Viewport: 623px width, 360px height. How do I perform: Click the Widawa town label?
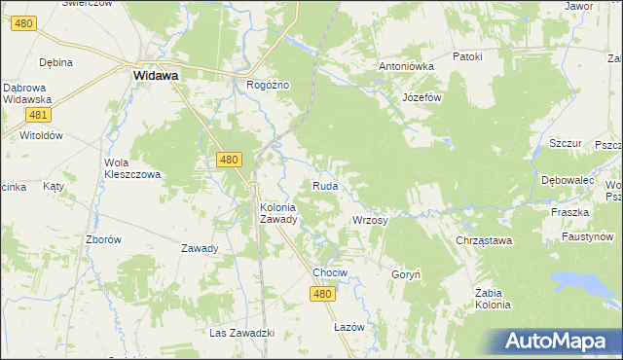tap(155, 74)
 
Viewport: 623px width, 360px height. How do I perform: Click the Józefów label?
tap(422, 98)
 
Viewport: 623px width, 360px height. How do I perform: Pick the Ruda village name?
tap(325, 185)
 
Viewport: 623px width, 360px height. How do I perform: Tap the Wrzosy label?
tap(370, 221)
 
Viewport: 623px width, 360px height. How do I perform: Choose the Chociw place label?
tap(330, 272)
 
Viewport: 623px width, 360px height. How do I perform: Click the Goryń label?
tap(405, 275)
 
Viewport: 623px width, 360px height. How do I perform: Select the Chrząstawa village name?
tap(484, 240)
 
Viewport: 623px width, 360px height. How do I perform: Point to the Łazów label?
tap(348, 327)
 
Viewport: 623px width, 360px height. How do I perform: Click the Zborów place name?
tap(103, 239)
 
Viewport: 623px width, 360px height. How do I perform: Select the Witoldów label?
tap(41, 135)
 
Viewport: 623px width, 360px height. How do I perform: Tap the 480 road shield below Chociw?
tap(324, 294)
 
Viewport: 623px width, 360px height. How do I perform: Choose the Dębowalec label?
tap(568, 181)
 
